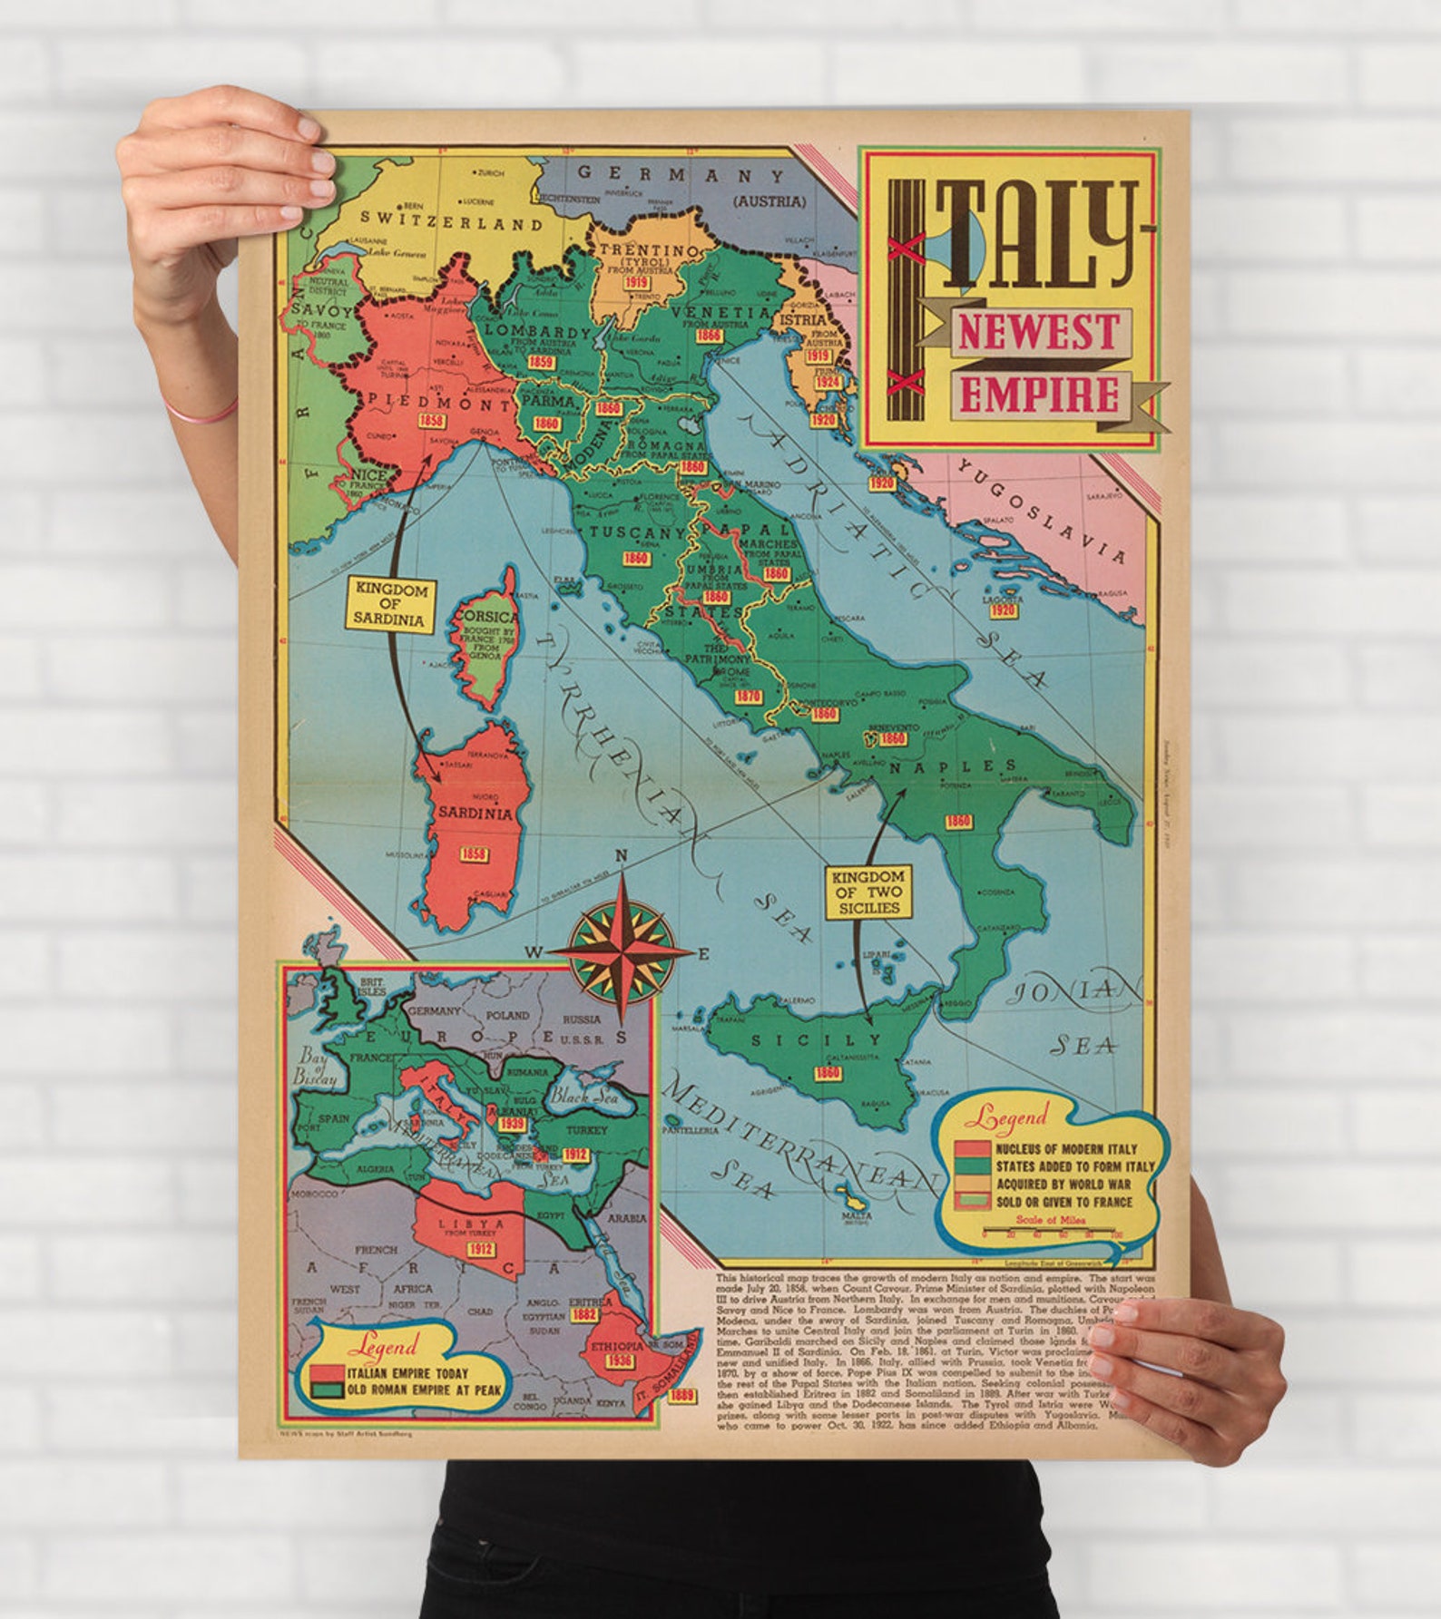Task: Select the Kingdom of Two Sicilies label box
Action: pyautogui.click(x=868, y=892)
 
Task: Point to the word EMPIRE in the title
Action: pyautogui.click(x=1039, y=395)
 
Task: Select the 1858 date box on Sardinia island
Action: pyautogui.click(x=474, y=854)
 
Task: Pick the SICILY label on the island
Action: pyautogui.click(x=814, y=1040)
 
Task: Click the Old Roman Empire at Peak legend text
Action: pyautogui.click(x=424, y=1390)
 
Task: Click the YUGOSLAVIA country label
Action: pyautogui.click(x=1042, y=510)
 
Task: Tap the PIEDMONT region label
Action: pyautogui.click(x=426, y=402)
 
